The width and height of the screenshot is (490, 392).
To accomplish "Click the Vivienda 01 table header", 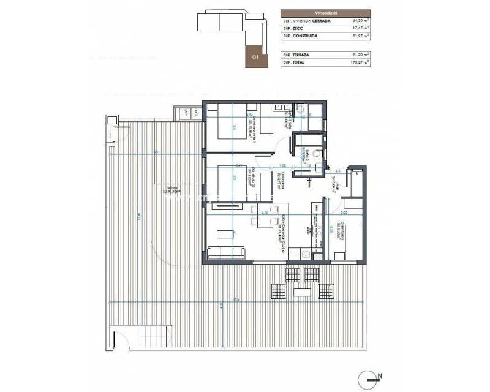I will tap(325, 12).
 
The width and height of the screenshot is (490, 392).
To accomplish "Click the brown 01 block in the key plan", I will tap(254, 56).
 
